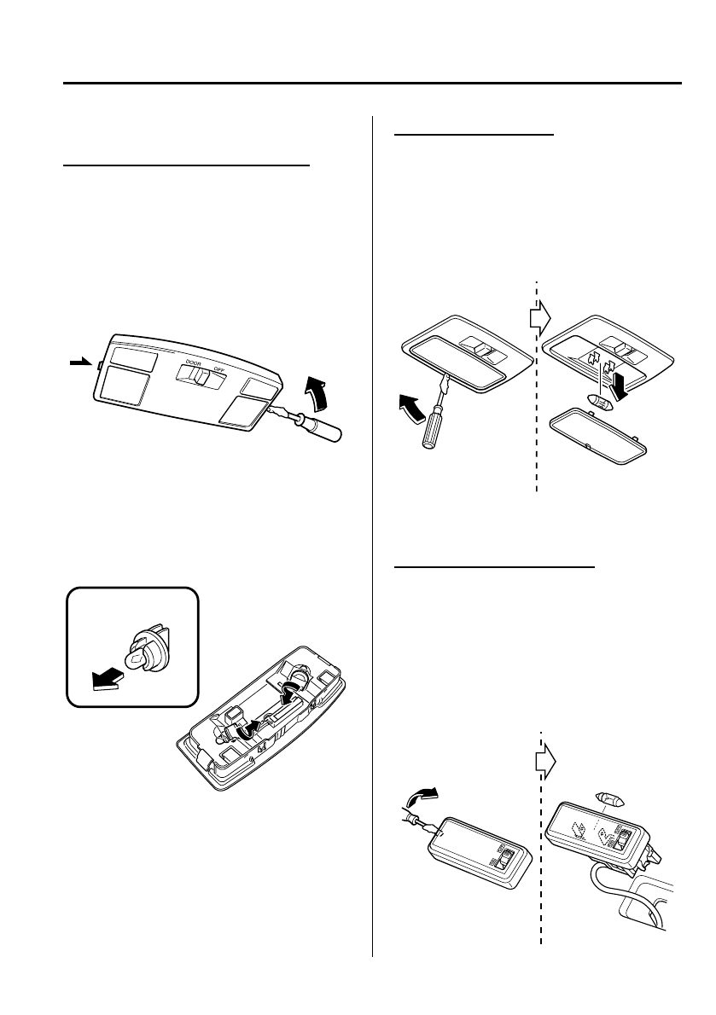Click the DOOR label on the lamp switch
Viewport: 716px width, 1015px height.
187,361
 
